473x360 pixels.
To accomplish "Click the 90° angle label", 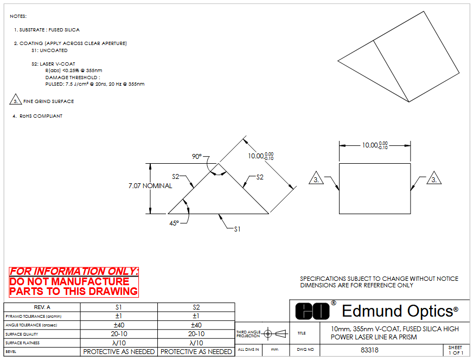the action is coord(197,157).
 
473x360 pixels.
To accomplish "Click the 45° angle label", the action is coord(174,223).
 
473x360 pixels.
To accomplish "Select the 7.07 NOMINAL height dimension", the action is coord(150,186).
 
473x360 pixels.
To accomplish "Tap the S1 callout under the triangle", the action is coord(238,229).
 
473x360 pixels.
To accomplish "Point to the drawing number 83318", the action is coord(369,350).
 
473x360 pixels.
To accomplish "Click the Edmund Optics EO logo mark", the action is coord(312,311).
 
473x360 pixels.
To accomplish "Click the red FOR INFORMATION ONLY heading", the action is coord(74,272).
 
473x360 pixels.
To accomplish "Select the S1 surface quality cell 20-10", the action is coord(119,334).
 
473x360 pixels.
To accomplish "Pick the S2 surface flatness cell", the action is coord(196,343).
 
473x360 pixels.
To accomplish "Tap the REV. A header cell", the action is coord(42,307).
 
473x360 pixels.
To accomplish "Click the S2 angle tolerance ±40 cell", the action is coord(196,325).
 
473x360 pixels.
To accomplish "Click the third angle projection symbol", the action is coord(275,333).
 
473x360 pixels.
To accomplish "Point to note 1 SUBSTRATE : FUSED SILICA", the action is coord(47,30).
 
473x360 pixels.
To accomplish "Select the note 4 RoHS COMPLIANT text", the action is coord(37,116).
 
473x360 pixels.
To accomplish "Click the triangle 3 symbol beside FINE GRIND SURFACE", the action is coord(15,100).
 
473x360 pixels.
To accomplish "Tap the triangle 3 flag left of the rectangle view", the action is coord(316,178).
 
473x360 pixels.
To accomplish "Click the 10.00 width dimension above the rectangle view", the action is coord(375,145).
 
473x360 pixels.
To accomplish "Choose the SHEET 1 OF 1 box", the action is coord(456,350).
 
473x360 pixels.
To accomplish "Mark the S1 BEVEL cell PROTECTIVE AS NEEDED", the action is coord(119,351).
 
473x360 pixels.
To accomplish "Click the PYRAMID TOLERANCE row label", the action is coord(34,316).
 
